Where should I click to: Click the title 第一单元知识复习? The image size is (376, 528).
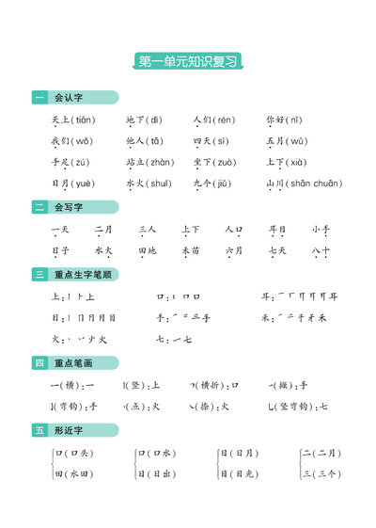pos(188,61)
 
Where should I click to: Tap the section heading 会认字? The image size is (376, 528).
pos(69,98)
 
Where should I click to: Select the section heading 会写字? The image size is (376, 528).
pos(69,207)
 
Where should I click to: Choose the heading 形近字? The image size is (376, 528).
pos(69,430)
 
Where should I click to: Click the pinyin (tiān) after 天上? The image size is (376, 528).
pos(81,120)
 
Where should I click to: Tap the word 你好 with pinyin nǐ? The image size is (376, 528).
pos(275,120)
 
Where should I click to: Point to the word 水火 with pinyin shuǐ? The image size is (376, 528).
pos(135,184)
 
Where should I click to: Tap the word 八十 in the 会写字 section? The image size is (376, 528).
pos(321,251)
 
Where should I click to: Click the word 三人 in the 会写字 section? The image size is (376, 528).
pos(147,230)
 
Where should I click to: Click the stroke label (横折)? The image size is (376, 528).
pos(214,384)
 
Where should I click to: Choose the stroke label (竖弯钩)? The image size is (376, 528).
pos(297,407)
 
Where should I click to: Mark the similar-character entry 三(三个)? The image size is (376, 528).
pos(321,474)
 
